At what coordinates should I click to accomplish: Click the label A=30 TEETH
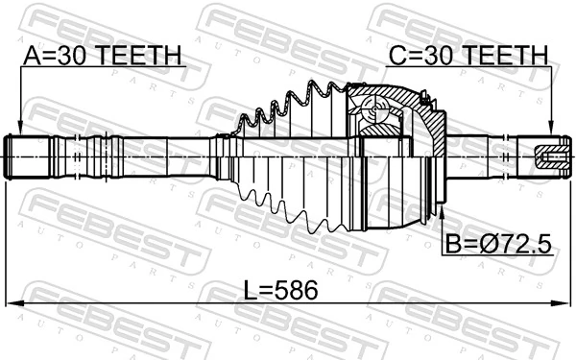101,57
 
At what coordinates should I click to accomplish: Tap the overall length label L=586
278,289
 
